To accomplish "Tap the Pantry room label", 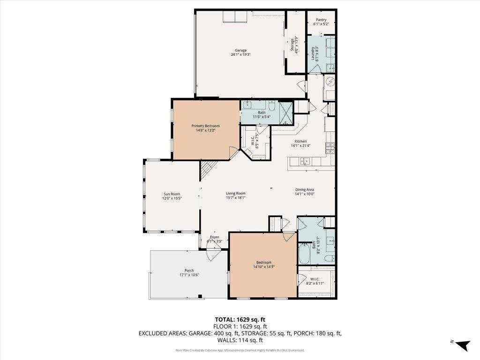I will pos(321,20).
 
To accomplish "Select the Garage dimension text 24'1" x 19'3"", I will pos(241,55).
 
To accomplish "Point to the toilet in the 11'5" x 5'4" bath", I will pos(272,104).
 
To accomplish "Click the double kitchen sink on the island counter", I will pos(305,162).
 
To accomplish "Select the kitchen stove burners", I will pos(330,148).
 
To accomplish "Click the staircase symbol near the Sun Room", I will pos(207,170).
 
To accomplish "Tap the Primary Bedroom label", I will pos(205,126).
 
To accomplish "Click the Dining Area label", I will pos(304,189).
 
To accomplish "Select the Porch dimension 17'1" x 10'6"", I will pos(189,275).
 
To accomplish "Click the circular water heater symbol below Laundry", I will pos(330,82).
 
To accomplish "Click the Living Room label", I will pos(236,193).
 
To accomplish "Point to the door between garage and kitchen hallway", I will pos(302,87).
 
